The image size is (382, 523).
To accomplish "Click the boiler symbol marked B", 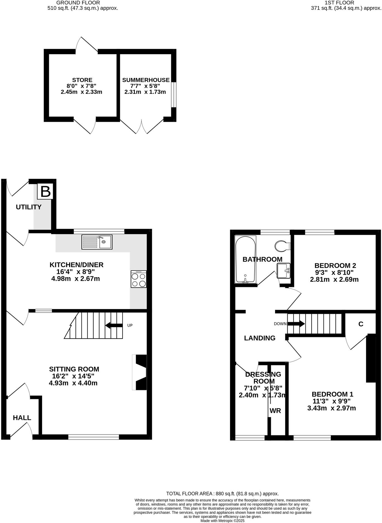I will tap(45, 192).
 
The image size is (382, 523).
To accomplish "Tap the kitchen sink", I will tap(97, 242).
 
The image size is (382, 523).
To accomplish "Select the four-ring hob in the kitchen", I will tap(139, 279).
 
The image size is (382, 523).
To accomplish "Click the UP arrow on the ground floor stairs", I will tap(114, 325).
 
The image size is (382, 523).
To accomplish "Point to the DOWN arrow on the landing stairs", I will tap(296, 324).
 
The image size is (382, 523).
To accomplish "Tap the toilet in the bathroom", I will tap(282, 246).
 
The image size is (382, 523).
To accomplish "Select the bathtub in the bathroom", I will tap(245, 259).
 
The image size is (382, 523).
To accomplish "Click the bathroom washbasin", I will tap(283, 270).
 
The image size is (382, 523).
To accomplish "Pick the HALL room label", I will tap(22, 418).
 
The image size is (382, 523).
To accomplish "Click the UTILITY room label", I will tap(28, 207).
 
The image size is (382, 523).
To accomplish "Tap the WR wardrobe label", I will tap(275, 411).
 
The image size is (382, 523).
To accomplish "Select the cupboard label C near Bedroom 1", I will tap(361, 324).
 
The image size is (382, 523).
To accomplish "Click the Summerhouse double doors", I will tap(142, 127).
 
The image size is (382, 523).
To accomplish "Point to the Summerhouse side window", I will tap(174, 94).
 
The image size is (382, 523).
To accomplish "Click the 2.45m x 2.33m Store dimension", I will tap(81, 92).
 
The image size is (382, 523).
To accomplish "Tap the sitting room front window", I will tap(94, 437).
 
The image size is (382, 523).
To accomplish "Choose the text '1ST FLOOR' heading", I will tap(339, 3).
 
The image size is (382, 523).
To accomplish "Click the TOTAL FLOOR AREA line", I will tap(222, 494).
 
